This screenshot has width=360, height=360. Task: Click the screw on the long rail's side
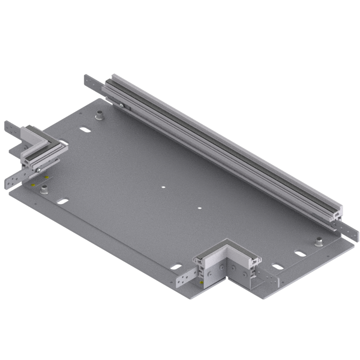click(121, 105)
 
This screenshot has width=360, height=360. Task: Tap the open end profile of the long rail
click(337, 216)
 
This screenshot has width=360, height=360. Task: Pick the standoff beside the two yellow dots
click(44, 190)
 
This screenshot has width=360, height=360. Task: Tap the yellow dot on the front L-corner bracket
click(200, 281)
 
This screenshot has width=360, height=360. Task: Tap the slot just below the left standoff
click(64, 202)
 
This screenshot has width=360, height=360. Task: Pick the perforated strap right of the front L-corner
click(270, 275)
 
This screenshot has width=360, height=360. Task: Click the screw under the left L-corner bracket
click(40, 169)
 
